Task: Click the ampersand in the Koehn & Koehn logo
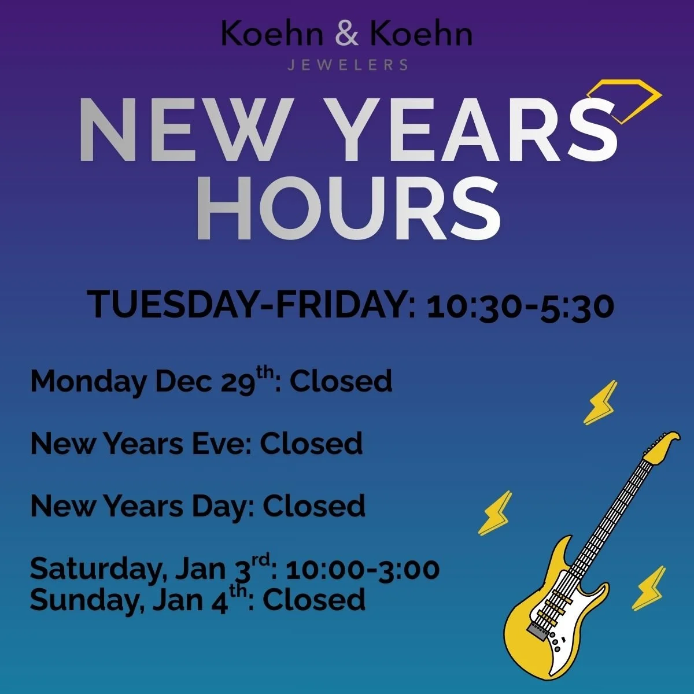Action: tap(347, 34)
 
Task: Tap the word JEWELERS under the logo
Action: tap(348, 65)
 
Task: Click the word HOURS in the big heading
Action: tap(348, 209)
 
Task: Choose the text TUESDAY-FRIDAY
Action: tap(248, 305)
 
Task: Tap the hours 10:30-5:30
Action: tap(520, 306)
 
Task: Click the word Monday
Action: tap(88, 382)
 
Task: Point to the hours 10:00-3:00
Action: tap(363, 570)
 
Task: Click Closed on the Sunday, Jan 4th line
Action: tap(314, 600)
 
